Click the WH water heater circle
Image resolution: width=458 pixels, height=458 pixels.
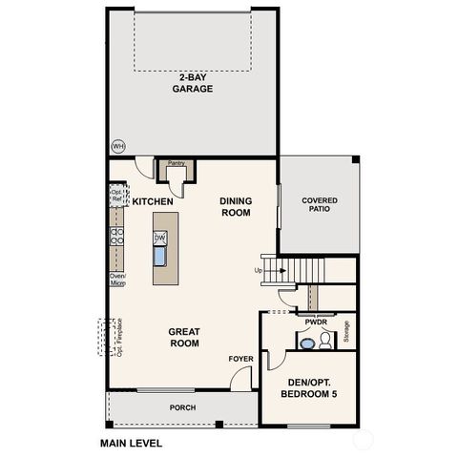coord(118,146)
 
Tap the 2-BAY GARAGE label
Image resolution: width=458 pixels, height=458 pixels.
coord(192,83)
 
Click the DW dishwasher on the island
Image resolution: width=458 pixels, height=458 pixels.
coord(160,238)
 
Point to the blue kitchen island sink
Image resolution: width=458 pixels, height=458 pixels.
coord(160,256)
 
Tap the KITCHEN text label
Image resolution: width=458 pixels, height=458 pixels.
coord(153,202)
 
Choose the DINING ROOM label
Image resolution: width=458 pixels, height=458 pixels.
coord(235,207)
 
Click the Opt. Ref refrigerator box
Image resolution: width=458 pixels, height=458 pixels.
coord(115,196)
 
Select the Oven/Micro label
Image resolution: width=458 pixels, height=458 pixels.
coord(117,280)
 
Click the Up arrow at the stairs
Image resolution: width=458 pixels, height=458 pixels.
coord(260,270)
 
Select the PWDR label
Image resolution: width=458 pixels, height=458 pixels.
coord(316,323)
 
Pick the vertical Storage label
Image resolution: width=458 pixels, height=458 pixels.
coord(346,331)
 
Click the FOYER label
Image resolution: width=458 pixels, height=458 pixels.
coord(239,359)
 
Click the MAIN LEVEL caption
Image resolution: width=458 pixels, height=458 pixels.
coord(131,443)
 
